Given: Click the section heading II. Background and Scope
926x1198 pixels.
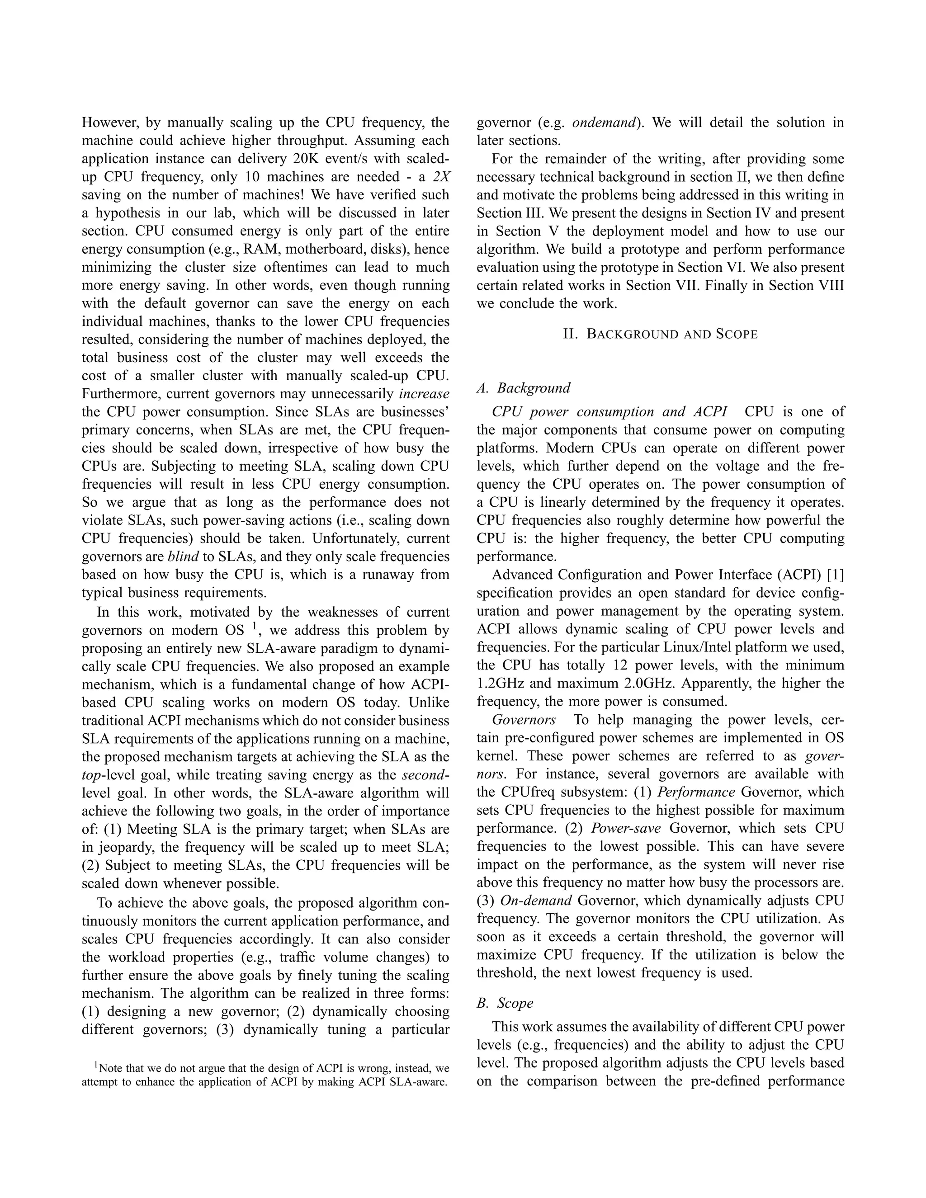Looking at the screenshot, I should [x=661, y=335].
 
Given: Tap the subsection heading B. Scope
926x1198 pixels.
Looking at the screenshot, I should [x=505, y=1003].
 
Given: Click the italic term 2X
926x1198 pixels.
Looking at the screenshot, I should [x=440, y=177].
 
